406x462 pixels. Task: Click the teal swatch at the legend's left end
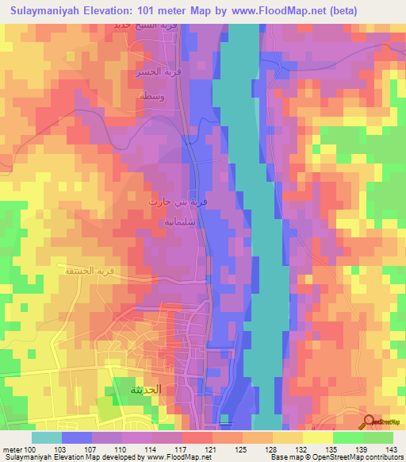pos(46,437)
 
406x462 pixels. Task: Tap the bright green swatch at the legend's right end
pos(378,437)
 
